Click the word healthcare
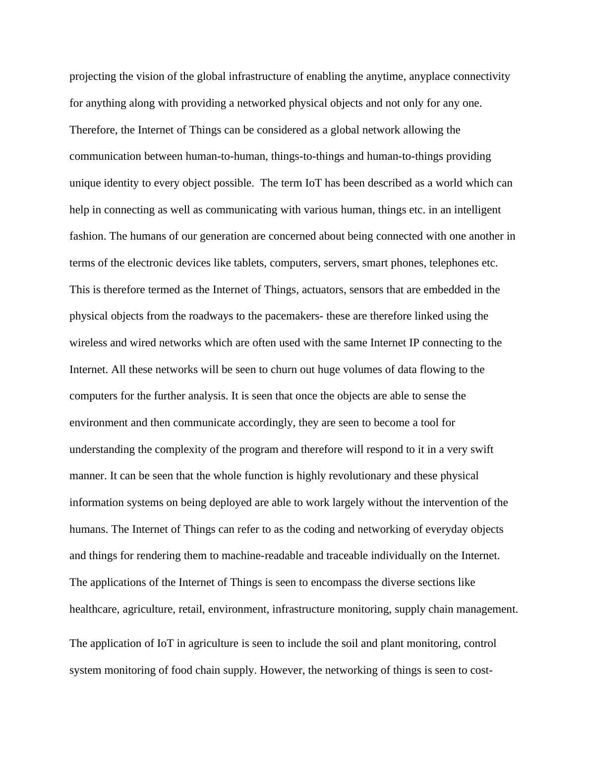tap(94, 609)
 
